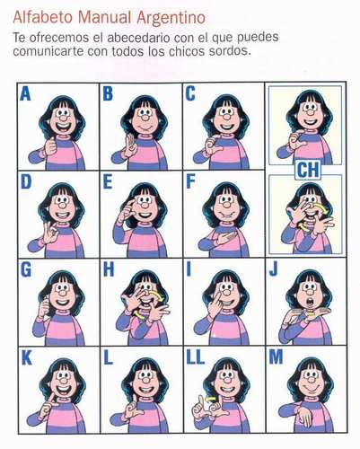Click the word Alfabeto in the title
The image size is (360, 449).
[x=42, y=17]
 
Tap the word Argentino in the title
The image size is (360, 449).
[x=171, y=18]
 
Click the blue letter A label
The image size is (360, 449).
[x=25, y=93]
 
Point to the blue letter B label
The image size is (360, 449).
[x=108, y=93]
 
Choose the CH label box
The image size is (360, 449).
[x=308, y=170]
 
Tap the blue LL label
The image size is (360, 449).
[x=195, y=357]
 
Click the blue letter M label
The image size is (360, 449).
[x=276, y=357]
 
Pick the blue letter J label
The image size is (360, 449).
[x=274, y=269]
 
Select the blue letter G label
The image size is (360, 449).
[x=26, y=269]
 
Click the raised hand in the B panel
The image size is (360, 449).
[x=130, y=145]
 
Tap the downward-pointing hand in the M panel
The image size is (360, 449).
[x=305, y=417]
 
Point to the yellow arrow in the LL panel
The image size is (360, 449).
[x=210, y=399]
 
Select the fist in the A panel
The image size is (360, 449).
[x=51, y=146]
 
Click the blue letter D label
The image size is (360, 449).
[x=26, y=181]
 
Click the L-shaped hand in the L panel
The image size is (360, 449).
[x=133, y=408]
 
